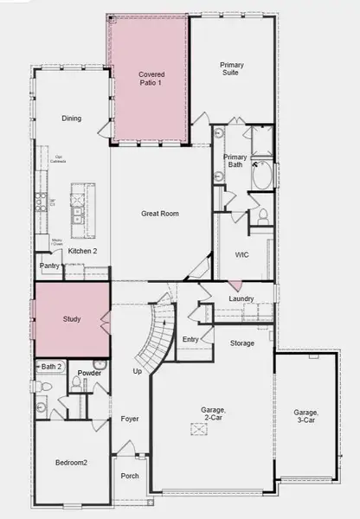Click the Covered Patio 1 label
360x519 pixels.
(151, 80)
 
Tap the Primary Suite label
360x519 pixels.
(230, 68)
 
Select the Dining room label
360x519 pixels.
(71, 119)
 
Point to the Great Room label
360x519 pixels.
(160, 213)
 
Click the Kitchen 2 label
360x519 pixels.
(83, 251)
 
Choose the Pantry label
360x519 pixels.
(48, 266)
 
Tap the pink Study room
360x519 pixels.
(72, 319)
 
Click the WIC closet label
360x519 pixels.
(241, 254)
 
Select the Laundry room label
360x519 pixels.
(241, 299)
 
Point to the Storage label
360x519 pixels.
(242, 343)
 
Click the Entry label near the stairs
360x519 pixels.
(190, 339)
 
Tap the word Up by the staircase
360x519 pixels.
(136, 371)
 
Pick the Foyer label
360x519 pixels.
(130, 419)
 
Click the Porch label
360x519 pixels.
(130, 476)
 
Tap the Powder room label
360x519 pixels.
(89, 373)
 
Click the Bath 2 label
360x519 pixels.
(51, 367)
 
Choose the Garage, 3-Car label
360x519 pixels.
(305, 417)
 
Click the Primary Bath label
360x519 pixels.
(235, 161)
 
